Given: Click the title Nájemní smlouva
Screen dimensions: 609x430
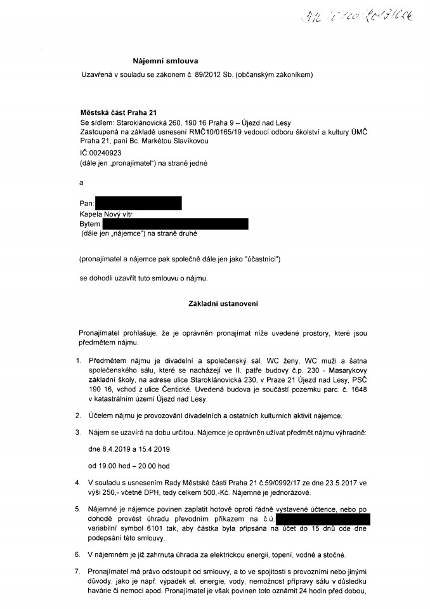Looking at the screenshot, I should pos(165,61).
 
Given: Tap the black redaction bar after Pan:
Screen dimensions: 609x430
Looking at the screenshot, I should pos(138,203).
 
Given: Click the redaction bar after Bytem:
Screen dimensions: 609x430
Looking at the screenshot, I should pos(175,223).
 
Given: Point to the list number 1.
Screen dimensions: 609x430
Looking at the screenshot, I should pos(78,360).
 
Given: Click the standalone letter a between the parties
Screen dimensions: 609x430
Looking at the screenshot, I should pos(81,182).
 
